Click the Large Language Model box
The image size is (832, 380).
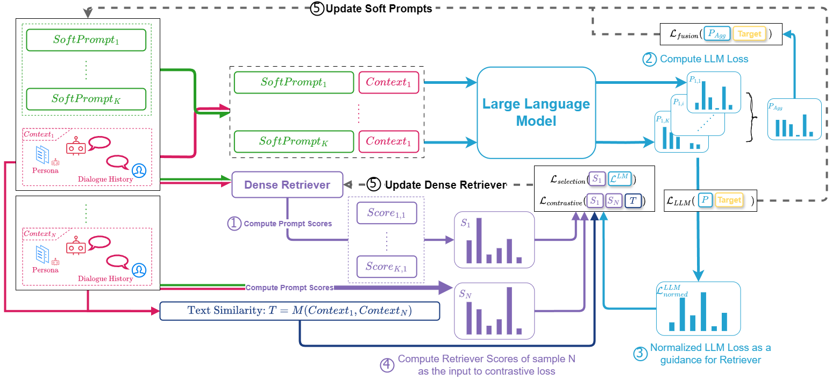[536, 112]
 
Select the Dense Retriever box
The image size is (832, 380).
[287, 184]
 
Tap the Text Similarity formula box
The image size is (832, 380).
[300, 311]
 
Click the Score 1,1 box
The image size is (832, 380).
[387, 213]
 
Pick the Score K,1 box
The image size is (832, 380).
[387, 267]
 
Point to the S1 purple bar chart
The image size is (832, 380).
[494, 240]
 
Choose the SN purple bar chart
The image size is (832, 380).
[494, 311]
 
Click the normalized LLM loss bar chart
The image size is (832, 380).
[698, 309]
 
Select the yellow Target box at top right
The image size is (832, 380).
[749, 34]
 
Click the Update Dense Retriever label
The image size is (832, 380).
[445, 185]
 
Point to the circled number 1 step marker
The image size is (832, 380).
[234, 224]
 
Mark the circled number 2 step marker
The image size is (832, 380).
[650, 59]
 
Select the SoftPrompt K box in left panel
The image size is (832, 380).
[86, 98]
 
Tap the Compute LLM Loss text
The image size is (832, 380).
[704, 59]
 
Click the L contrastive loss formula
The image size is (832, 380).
[592, 200]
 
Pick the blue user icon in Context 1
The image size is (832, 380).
[139, 170]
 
